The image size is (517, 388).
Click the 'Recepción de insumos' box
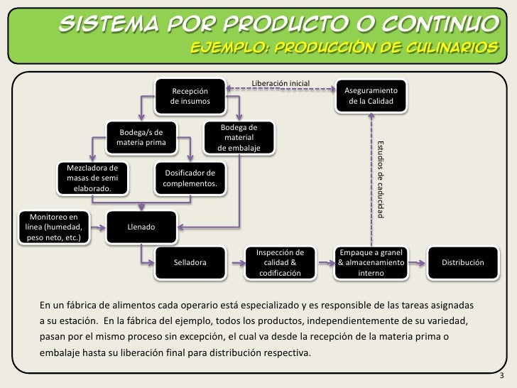190,97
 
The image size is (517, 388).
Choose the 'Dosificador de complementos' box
190,178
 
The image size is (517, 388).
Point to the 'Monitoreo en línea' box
53,227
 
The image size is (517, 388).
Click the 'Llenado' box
141,227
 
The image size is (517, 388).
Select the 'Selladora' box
190,263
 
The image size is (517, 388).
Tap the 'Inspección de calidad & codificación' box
280,263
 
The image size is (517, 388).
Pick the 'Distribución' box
463,263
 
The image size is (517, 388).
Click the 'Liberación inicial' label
280,84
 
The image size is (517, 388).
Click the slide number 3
502,376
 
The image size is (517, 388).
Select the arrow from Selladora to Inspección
236,263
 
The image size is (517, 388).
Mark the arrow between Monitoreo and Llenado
98,227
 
